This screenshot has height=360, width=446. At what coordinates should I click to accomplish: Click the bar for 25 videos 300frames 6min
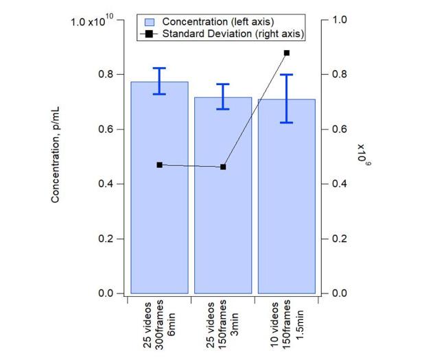(159, 206)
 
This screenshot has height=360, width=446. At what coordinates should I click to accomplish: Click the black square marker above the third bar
(287, 53)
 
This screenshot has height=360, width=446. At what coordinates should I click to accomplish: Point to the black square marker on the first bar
(160, 165)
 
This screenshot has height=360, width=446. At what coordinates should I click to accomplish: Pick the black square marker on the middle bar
(223, 167)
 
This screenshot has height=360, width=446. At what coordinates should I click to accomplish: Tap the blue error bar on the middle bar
(223, 97)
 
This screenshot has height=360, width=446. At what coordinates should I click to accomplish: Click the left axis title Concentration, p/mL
(56, 157)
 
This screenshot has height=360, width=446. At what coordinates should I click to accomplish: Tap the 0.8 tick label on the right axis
(340, 74)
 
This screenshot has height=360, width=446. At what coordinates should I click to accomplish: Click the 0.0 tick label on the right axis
(340, 293)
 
